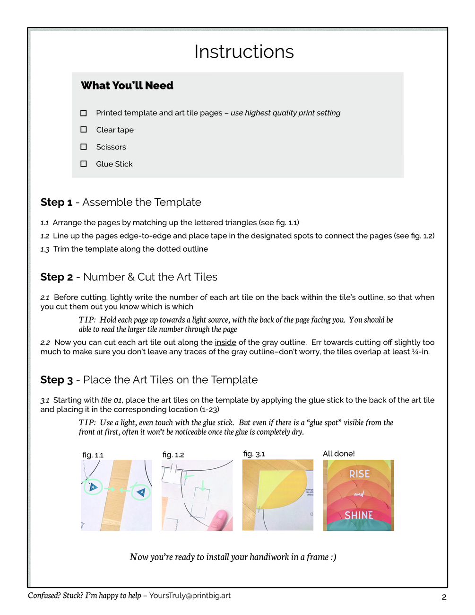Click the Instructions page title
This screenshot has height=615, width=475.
244,52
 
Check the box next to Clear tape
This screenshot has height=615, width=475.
84,130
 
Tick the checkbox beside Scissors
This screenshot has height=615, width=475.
84,147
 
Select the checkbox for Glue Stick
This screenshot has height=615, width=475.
84,164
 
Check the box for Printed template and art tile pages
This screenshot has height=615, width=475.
84,113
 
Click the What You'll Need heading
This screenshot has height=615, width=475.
127,86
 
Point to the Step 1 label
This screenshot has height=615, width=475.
56,202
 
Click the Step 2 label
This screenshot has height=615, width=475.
57,277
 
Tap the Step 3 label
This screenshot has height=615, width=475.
57,380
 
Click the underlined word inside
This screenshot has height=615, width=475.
225,342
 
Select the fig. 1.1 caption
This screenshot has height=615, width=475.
93,455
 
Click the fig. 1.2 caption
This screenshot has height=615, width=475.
173,455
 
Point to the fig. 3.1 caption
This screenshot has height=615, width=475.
254,454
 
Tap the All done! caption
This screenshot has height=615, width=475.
338,454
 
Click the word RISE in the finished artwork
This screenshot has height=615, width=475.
359,474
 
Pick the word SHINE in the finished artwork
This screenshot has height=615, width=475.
358,515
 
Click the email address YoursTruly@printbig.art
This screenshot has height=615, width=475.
190,596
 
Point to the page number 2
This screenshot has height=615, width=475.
444,597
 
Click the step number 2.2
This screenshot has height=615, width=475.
45,343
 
